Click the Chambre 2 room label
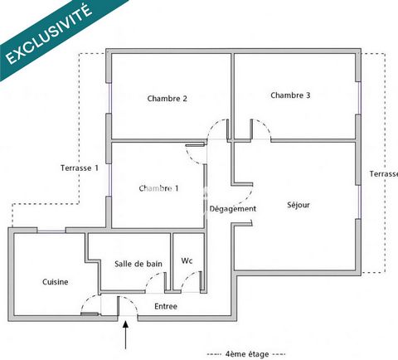tap(167, 99)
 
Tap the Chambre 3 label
tap(290, 95)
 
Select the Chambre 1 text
tap(158, 188)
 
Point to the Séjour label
tap(298, 205)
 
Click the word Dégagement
tap(233, 209)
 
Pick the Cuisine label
tap(56, 282)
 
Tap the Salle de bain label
tap(138, 264)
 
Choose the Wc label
tap(187, 260)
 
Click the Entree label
tap(166, 306)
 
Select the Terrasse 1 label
tap(80, 168)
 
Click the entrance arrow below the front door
tap(126, 334)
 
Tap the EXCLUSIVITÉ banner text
tap(49, 34)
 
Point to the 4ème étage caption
tap(247, 354)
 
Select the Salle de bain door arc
tap(151, 277)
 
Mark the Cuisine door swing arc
tap(86, 299)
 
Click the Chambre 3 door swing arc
tap(265, 124)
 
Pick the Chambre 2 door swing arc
tap(213, 124)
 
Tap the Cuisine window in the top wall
tap(51, 231)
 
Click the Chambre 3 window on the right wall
tap(359, 98)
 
